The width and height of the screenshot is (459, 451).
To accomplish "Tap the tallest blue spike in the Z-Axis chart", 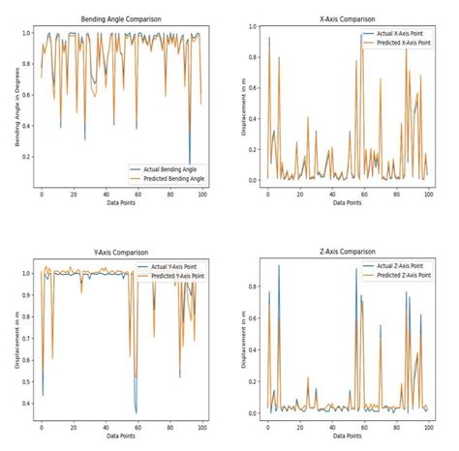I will coord(279,265).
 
